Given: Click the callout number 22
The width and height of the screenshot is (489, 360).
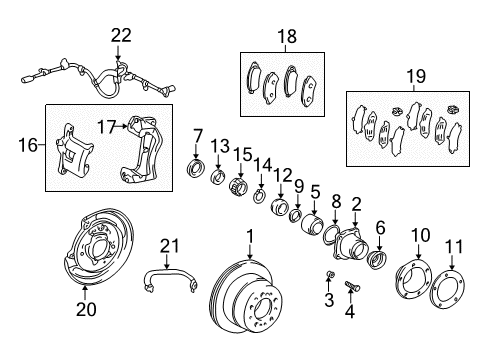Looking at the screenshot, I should (121, 35).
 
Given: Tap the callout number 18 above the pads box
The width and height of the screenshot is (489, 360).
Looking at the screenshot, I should (287, 36).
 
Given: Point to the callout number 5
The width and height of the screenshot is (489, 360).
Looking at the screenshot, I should (314, 191).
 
